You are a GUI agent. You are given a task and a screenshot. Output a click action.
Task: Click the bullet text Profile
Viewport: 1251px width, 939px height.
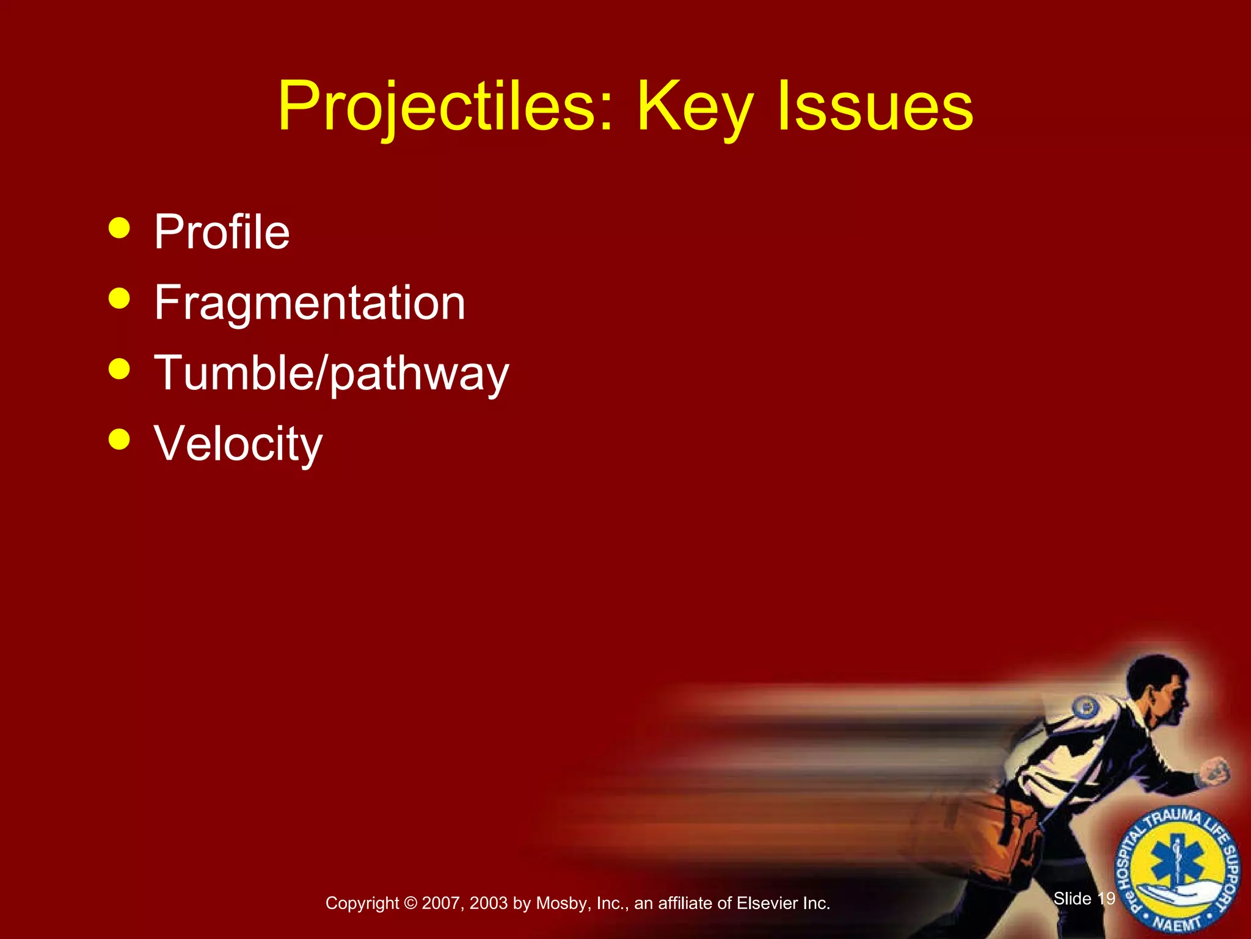(222, 232)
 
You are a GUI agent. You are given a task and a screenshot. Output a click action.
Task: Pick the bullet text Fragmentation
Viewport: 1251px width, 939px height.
(310, 303)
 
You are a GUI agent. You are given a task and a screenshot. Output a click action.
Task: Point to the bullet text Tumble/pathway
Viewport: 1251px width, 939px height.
(331, 374)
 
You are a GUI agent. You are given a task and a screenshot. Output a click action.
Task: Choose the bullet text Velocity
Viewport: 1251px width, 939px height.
(238, 444)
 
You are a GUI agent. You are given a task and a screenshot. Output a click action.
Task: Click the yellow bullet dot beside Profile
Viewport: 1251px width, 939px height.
(119, 228)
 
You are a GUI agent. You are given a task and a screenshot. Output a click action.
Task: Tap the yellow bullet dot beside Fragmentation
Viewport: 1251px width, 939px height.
(119, 298)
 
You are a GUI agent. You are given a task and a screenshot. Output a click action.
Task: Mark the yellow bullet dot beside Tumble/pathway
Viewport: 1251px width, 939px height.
(119, 369)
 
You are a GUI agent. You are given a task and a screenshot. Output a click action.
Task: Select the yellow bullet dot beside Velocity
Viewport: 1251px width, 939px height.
(119, 440)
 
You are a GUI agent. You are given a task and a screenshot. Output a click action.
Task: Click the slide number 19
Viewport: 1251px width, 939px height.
(1106, 899)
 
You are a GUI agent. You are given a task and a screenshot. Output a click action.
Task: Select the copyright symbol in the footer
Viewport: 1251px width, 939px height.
(410, 904)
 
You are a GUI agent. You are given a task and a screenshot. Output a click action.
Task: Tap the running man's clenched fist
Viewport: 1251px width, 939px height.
(1214, 772)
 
